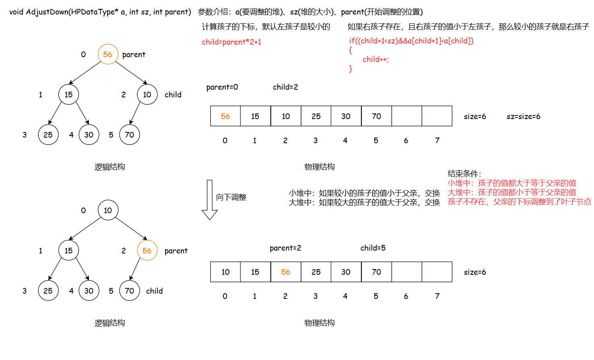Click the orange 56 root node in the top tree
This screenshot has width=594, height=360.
(108, 54)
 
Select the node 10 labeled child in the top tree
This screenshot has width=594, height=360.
(147, 95)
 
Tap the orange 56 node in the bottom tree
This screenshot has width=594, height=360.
(147, 251)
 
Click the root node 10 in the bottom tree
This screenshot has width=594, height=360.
(108, 210)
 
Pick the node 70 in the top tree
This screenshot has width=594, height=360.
(130, 135)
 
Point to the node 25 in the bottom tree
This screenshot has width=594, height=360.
(48, 291)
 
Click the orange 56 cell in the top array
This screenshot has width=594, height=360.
(225, 116)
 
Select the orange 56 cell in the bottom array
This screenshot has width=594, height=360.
(286, 272)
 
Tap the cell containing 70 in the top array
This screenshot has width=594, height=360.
(376, 116)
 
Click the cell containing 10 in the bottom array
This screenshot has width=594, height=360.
(225, 272)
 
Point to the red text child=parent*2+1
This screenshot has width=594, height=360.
(231, 42)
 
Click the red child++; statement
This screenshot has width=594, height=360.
(375, 60)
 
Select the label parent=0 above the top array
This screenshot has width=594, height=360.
(222, 87)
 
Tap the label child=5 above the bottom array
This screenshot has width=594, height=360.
(373, 248)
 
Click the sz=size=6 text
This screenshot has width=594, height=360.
(523, 117)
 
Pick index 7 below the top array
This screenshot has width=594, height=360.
(437, 140)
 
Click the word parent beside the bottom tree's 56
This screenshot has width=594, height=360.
(176, 251)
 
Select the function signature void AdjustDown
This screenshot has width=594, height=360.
(100, 12)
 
